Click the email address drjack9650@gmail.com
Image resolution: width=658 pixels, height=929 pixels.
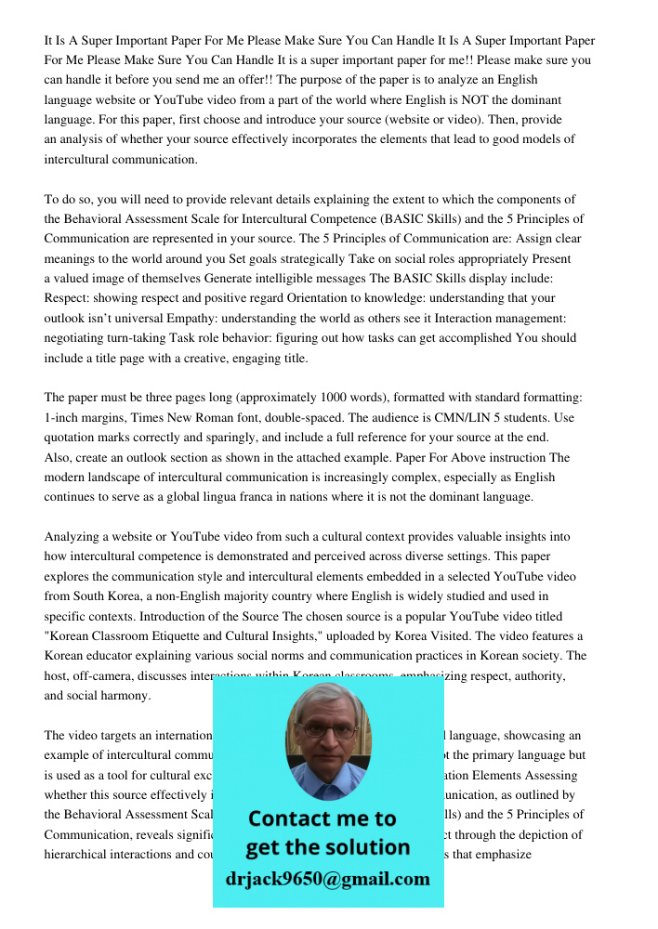point(327,879)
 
